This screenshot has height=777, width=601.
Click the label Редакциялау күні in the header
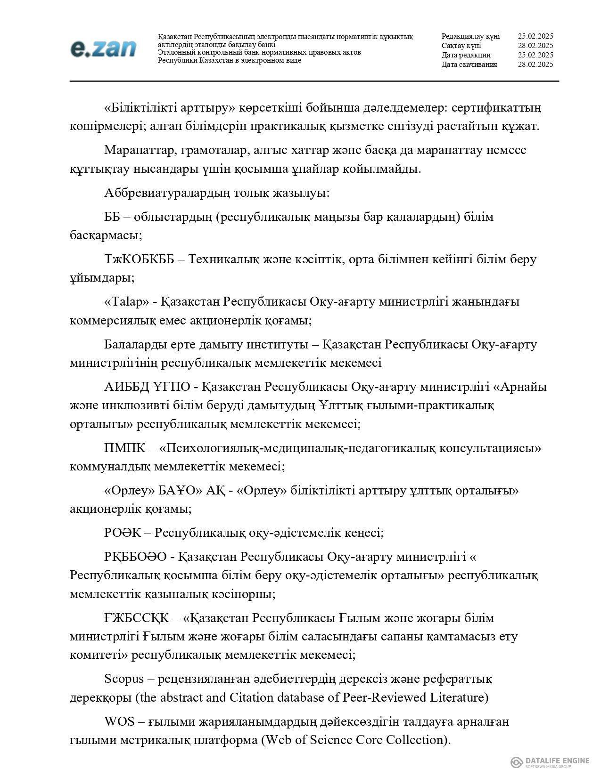click(470, 36)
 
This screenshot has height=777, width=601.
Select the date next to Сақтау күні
click(535, 46)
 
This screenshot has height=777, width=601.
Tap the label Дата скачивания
click(469, 65)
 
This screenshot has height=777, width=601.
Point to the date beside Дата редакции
click(535, 55)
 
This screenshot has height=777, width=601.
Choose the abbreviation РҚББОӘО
click(135, 557)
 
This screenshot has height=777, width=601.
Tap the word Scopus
click(124, 679)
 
